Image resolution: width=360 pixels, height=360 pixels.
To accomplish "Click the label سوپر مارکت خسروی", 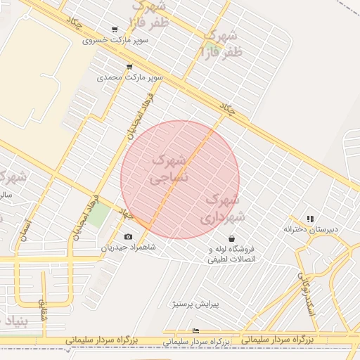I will click(115, 40).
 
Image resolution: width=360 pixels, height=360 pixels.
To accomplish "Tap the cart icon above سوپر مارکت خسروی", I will click(115, 30).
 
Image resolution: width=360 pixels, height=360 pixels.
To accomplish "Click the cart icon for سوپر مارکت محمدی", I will click(129, 67).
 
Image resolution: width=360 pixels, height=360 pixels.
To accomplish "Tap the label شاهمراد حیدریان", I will click(128, 247).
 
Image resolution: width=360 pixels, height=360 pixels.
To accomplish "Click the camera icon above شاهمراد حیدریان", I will click(128, 237).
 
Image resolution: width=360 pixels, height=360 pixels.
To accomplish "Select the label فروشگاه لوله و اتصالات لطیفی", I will click(231, 254).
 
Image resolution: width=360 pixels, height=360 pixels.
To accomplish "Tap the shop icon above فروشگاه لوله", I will click(231, 239).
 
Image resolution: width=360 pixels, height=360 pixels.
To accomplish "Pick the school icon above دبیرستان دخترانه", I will click(310, 219).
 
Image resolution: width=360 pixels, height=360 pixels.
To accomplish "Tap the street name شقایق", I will click(43, 310).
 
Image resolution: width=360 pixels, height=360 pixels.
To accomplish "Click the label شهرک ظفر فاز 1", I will click(221, 43).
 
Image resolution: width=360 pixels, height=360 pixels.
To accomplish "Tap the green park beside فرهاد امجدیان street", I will click(98, 214).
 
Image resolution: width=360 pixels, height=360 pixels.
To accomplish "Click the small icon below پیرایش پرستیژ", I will click(195, 330).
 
